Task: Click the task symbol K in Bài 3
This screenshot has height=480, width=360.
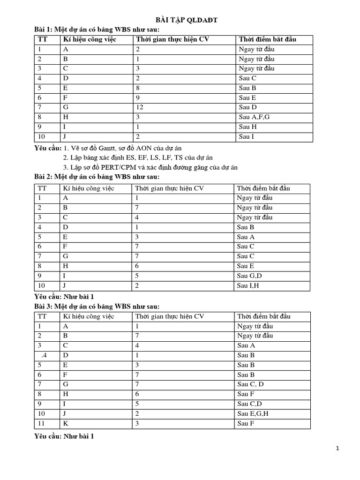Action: pyautogui.click(x=66, y=423)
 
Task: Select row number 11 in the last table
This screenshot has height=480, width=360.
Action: pyautogui.click(x=41, y=423)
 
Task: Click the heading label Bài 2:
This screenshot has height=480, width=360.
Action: pyautogui.click(x=44, y=177)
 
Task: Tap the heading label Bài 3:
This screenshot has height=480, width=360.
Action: pyautogui.click(x=44, y=306)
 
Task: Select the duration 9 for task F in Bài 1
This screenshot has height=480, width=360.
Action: pyautogui.click(x=138, y=97)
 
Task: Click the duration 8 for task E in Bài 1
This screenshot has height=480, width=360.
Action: pyautogui.click(x=138, y=88)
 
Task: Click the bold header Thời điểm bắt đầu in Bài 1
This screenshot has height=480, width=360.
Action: pyautogui.click(x=267, y=39)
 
